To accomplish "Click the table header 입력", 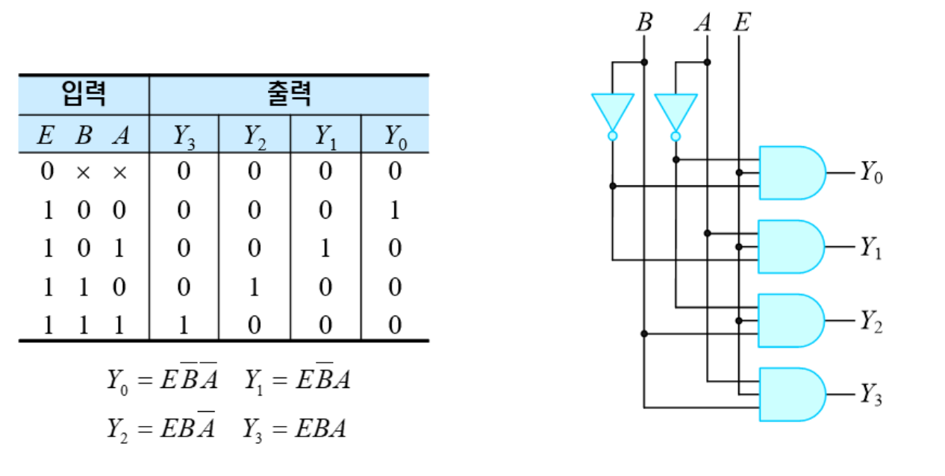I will click(x=83, y=94).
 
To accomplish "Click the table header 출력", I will click(x=288, y=94).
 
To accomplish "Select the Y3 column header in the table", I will click(x=183, y=136).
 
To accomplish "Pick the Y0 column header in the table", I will click(x=395, y=136).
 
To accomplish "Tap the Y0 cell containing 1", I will click(x=395, y=210).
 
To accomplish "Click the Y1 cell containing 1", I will click(x=325, y=248).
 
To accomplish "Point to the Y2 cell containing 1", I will click(x=254, y=287).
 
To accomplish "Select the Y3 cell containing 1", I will click(x=183, y=325).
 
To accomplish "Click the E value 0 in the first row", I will click(x=47, y=172).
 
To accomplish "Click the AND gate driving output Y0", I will click(x=790, y=173).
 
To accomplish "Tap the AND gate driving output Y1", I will click(x=790, y=247).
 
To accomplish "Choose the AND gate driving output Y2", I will click(x=790, y=321).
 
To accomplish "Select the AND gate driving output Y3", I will click(x=790, y=395).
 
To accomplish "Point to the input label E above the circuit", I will click(x=740, y=23).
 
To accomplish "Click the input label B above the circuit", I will click(x=644, y=23).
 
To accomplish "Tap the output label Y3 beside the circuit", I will click(x=870, y=395).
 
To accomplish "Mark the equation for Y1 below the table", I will click(x=296, y=381).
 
